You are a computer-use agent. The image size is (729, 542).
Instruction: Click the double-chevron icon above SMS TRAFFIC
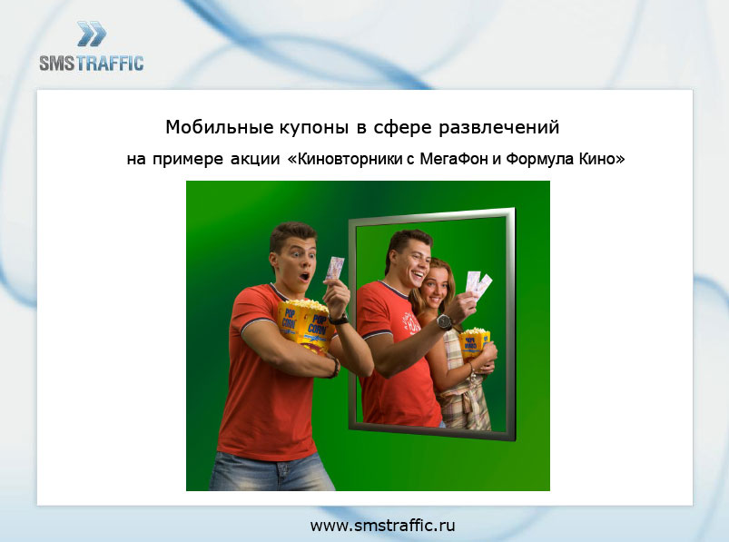click(x=92, y=34)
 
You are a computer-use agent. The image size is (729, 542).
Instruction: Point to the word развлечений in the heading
click(x=499, y=127)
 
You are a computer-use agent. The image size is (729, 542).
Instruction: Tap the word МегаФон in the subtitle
click(x=454, y=159)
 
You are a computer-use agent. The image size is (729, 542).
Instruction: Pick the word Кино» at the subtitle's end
click(x=602, y=159)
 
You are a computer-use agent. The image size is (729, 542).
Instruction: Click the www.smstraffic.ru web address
click(x=382, y=526)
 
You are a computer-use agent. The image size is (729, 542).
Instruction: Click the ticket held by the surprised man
click(x=335, y=268)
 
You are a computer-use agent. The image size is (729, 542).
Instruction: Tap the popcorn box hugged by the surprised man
click(x=304, y=325)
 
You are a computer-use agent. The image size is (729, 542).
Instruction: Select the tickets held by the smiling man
click(x=478, y=283)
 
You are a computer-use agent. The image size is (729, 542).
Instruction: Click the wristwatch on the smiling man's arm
click(x=445, y=321)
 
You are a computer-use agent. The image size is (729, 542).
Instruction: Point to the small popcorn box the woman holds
click(x=474, y=343)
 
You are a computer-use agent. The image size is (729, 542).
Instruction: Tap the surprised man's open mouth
click(x=304, y=277)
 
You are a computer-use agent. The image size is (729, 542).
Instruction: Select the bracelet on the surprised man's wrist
click(x=334, y=367)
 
